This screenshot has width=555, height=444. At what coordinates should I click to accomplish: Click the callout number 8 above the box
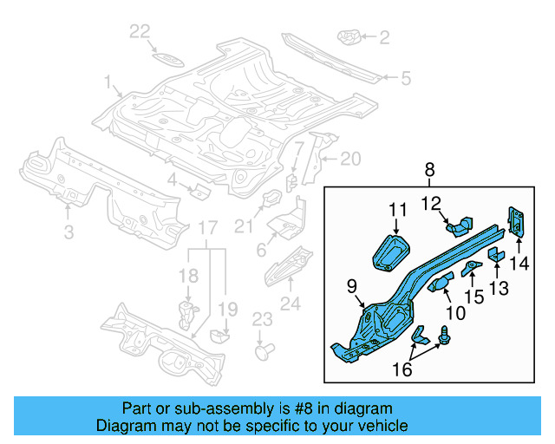(431, 171)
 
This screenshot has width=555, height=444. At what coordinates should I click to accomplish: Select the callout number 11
(397, 209)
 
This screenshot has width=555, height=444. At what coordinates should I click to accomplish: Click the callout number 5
(404, 79)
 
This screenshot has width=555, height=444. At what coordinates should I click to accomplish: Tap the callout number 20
(349, 159)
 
